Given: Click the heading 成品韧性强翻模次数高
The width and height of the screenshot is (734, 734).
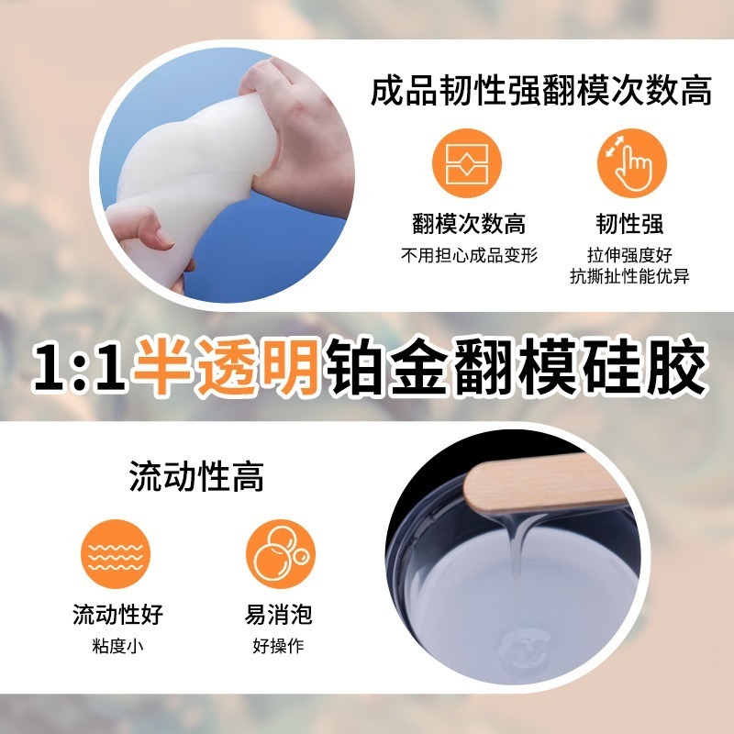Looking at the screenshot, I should point(541,92).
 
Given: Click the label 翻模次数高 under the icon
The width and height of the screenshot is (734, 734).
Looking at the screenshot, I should point(468,225).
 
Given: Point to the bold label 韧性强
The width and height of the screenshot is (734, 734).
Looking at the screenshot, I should point(627,225).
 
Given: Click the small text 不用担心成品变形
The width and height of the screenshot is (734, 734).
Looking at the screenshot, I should point(468,255).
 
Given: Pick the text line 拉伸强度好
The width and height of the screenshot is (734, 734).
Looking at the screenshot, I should point(627,255).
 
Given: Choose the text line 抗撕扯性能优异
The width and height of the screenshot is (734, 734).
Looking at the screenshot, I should point(627,275).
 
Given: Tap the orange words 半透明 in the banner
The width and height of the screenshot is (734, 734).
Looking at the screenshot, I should point(225,368).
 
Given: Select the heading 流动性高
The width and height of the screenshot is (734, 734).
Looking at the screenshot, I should point(196,477).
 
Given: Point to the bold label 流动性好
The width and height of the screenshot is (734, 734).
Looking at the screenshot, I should point(117,614).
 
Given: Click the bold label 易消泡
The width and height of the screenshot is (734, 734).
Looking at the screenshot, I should point(278,614).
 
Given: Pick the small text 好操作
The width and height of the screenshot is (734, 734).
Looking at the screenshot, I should point(278,646).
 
